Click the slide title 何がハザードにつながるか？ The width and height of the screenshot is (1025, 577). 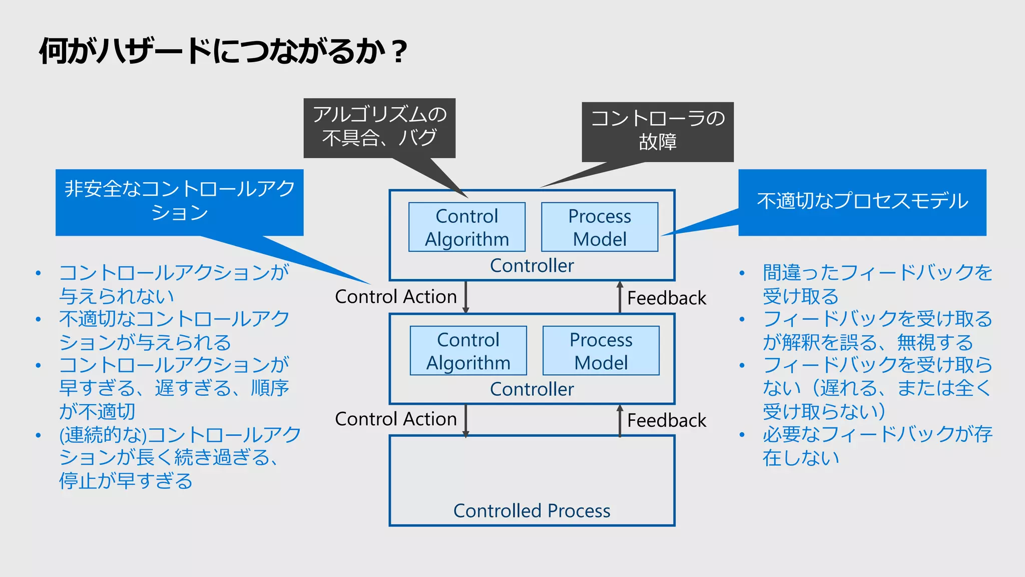tap(223, 51)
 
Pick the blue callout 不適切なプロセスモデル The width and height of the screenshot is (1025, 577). tap(862, 201)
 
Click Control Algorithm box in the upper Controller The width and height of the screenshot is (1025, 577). tap(466, 227)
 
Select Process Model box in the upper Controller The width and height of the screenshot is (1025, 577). tap(600, 227)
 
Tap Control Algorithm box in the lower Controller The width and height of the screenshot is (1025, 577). tap(468, 351)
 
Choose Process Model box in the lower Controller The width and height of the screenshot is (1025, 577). tap(601, 351)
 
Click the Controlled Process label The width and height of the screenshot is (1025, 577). tap(532, 510)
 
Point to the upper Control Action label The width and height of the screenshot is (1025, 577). tap(395, 297)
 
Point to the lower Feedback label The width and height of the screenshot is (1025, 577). tap(666, 420)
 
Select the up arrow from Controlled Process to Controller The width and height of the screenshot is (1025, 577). tap(620, 420)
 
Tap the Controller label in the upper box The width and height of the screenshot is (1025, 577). tap(532, 265)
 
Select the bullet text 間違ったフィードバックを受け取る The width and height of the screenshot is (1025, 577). tap(876, 284)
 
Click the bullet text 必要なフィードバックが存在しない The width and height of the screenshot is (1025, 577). tap(876, 445)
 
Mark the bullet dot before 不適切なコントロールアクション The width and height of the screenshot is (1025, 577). tap(38, 320)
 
